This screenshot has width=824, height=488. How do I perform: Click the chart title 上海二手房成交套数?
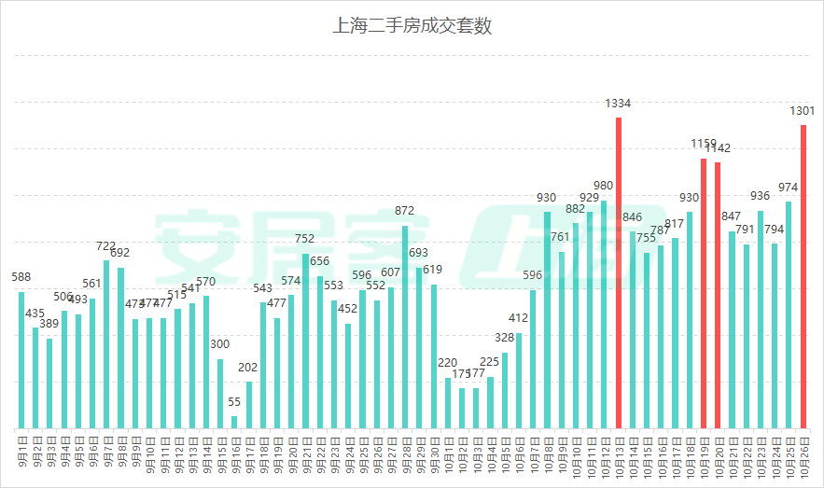(412, 26)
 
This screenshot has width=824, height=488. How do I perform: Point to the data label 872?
(405, 211)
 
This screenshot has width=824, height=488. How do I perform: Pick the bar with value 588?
(21, 360)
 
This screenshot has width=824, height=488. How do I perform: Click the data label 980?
(604, 186)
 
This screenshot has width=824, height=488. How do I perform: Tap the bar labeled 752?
(305, 341)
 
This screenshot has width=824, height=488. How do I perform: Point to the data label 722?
(106, 246)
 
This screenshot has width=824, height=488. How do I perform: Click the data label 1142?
(718, 148)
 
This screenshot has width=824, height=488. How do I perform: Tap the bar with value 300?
(220, 393)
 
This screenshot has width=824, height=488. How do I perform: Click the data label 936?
(761, 196)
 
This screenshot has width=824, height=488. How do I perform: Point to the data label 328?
(505, 338)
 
